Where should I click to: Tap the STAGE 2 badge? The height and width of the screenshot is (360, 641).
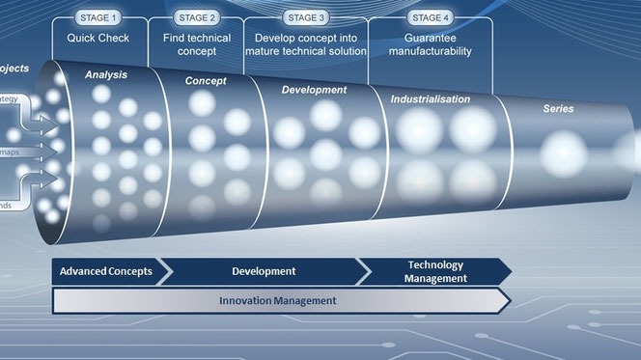199,16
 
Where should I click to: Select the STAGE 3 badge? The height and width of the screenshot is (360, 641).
307,16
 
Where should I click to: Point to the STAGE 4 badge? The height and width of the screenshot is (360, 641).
432,16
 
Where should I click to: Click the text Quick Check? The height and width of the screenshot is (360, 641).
98,38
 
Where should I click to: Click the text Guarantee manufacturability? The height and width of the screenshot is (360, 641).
432,43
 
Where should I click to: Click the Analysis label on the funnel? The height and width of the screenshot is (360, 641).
105,73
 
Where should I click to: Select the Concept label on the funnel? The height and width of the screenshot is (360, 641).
205,81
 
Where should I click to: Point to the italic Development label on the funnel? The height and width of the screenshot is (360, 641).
314,90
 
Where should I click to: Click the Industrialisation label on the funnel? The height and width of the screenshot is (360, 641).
431,99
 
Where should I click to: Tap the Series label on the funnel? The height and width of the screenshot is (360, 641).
558,109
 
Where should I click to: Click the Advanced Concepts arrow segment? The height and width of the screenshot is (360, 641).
106,271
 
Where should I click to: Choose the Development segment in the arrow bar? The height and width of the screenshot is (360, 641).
264,271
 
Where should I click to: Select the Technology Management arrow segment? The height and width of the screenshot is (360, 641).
436,271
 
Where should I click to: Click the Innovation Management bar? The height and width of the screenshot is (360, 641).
277,301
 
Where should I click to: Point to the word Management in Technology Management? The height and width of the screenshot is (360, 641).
436,278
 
